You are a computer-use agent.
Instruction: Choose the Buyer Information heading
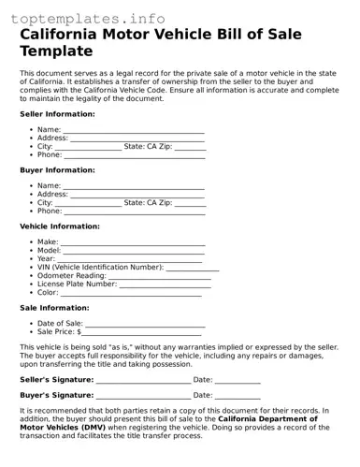click(57, 170)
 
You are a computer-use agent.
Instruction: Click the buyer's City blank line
click(88, 203)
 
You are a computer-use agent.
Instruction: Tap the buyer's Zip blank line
click(191, 203)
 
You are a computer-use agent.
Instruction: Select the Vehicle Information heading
click(60, 226)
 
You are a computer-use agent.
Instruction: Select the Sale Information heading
click(54, 308)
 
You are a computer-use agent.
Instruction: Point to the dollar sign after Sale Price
click(79, 332)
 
